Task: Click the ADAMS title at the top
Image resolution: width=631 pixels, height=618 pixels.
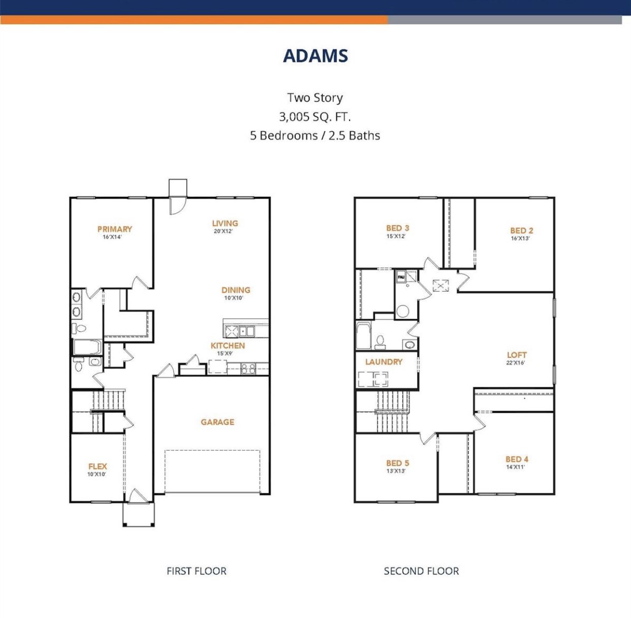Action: tap(315, 55)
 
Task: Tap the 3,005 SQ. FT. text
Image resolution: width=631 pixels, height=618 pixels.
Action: tap(315, 116)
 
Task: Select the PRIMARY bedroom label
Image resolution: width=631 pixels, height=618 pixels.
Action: tap(114, 229)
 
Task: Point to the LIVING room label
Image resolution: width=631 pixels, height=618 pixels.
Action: tap(225, 223)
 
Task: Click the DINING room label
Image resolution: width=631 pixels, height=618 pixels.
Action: tap(236, 290)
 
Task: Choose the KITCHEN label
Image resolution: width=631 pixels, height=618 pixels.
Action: tap(228, 346)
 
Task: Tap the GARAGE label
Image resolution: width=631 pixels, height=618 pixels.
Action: tap(217, 422)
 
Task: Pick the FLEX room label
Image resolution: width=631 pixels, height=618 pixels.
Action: tap(98, 466)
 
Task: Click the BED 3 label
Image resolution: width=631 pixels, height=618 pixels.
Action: tap(397, 228)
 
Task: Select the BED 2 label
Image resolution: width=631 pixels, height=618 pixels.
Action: tap(521, 230)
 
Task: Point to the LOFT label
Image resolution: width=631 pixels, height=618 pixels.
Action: tap(517, 355)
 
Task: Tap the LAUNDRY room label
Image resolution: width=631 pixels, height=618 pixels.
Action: tap(384, 362)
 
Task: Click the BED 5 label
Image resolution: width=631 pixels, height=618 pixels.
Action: tap(397, 463)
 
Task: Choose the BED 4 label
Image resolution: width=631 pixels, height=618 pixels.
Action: tap(517, 459)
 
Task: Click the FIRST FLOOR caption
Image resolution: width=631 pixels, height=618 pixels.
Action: tap(197, 571)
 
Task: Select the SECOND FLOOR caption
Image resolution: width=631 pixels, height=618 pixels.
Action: tap(421, 571)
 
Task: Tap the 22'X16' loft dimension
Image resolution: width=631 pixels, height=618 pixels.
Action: tap(515, 363)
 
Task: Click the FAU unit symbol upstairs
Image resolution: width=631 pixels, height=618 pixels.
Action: tap(401, 277)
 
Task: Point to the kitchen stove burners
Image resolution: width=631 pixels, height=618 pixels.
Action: tap(248, 368)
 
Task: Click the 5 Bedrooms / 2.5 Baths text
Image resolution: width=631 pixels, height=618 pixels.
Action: tap(315, 135)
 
